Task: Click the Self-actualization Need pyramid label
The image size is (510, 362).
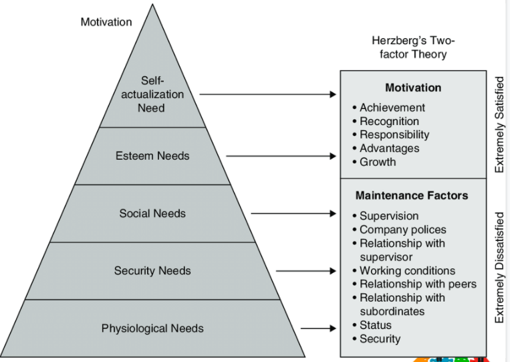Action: [x=152, y=94]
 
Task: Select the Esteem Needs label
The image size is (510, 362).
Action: [x=152, y=156]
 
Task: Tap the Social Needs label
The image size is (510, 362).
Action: [x=152, y=213]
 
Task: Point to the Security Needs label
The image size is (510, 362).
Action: [x=152, y=271]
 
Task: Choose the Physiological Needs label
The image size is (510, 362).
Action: [x=152, y=329]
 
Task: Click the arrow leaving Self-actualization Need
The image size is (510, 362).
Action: [x=267, y=94]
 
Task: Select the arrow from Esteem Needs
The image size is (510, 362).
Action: [x=281, y=157]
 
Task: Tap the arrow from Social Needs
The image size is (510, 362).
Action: [x=294, y=214]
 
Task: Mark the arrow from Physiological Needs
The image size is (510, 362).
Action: [x=318, y=329]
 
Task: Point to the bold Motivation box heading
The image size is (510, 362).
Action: [x=413, y=88]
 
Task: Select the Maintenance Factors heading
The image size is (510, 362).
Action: [x=412, y=196]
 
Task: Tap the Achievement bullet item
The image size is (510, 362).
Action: [x=392, y=108]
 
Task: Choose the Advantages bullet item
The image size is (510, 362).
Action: [x=389, y=149]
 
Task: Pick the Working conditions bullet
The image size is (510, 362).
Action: [x=407, y=271]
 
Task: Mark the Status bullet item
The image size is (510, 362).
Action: [x=375, y=325]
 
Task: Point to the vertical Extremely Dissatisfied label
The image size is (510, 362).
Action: [x=499, y=268]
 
